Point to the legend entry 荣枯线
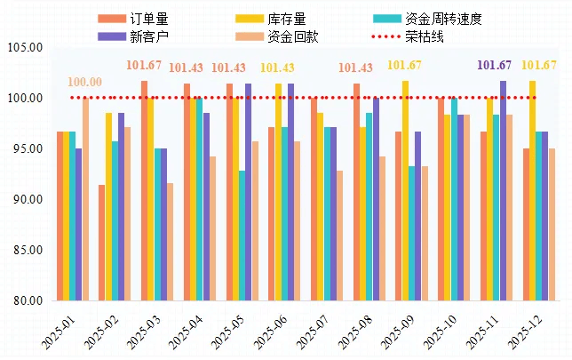coord(424,36)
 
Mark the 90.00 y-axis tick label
coord(28,199)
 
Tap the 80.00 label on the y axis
coord(28,300)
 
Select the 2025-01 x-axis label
coord(61,331)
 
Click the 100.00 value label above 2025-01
coord(85,83)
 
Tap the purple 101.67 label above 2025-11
coord(495,65)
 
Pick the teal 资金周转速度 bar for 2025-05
coord(242,236)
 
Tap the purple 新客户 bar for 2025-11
coord(503,190)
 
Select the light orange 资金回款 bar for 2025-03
coord(170,242)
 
